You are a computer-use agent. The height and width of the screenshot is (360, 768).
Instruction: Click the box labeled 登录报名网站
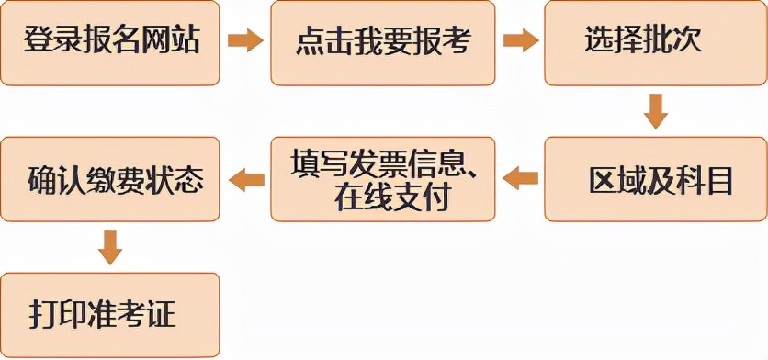pos(110,43)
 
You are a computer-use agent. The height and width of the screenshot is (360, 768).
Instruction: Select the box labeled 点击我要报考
pos(382,43)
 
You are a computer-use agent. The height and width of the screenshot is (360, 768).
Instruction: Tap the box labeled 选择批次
pos(655,43)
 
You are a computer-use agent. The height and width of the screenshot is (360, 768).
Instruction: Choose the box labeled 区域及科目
pos(655,180)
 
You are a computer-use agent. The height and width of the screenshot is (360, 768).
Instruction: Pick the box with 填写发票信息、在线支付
pos(382,180)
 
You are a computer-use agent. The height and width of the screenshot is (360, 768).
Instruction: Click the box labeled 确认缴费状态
pos(110,180)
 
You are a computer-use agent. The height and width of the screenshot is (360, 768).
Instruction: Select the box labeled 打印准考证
pos(110,315)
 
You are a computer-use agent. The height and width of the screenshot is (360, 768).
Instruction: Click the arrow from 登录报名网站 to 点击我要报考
pos(245,41)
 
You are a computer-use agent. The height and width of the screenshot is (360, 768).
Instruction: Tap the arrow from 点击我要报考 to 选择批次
pos(520,41)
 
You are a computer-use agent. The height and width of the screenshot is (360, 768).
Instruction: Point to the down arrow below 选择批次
pos(655,110)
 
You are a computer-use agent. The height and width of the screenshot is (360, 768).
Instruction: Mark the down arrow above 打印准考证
pos(110,246)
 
